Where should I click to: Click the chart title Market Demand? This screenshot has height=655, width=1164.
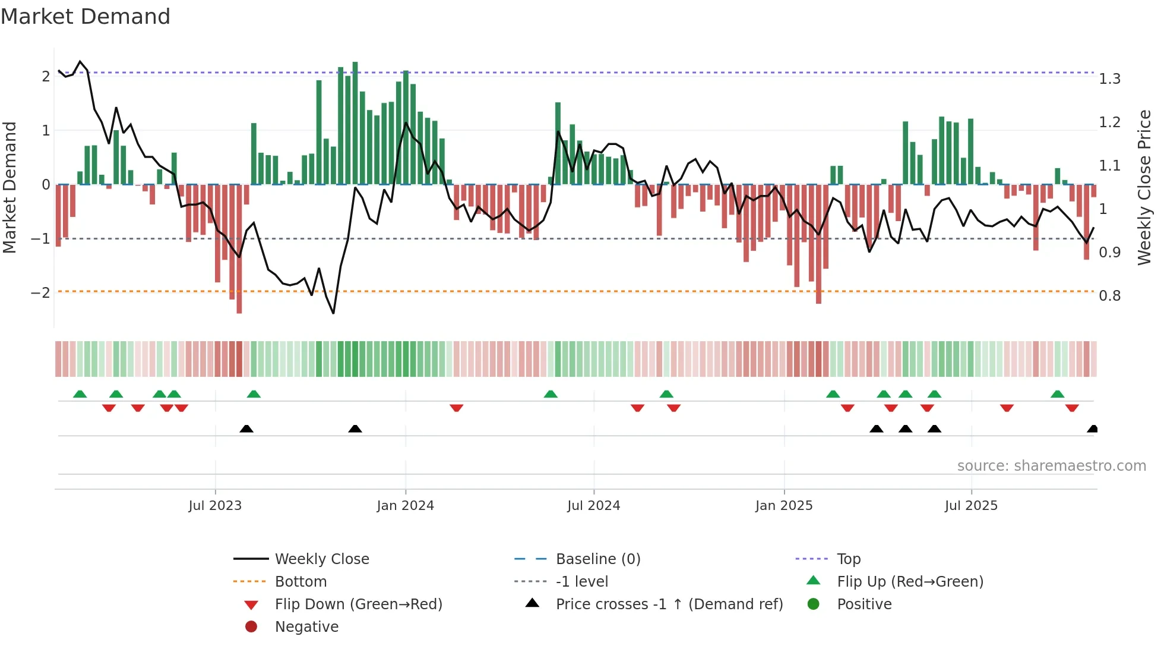86,17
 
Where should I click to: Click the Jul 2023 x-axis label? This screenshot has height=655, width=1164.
215,506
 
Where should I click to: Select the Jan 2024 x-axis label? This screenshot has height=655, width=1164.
405,506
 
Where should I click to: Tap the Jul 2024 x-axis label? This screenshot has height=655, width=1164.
593,506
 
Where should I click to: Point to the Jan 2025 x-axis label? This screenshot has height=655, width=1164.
783,506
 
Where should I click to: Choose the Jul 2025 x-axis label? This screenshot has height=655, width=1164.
971,506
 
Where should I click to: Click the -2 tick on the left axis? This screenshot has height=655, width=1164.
40,293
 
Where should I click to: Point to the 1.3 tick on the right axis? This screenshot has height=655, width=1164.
1109,79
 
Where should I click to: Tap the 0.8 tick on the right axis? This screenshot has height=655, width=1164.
1109,296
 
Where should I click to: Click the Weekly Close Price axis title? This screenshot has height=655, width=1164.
1144,187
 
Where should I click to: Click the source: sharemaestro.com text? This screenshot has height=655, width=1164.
1051,466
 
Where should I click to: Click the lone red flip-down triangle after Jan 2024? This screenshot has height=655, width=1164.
456,408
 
